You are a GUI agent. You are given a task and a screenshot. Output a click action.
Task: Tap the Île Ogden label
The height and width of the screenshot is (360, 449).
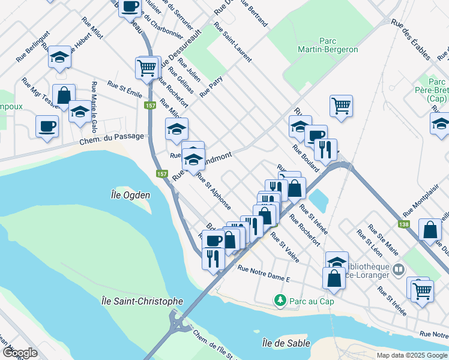click(x=130, y=194)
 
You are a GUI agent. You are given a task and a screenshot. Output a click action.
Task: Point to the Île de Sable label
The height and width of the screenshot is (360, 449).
click(x=286, y=343)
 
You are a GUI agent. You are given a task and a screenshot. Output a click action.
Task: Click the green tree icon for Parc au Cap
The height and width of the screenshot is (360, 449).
click(x=279, y=299)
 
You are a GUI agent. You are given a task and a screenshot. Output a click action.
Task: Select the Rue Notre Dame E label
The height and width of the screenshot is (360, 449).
click(x=264, y=273)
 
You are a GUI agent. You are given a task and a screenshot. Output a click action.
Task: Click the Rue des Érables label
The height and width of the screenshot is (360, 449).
click(x=410, y=40)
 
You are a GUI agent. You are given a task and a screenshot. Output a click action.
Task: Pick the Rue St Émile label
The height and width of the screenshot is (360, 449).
click(x=124, y=89)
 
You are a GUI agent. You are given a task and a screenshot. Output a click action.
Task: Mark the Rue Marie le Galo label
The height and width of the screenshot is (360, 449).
click(x=94, y=107)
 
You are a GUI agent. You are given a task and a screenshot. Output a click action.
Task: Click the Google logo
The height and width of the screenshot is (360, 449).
click(x=20, y=353)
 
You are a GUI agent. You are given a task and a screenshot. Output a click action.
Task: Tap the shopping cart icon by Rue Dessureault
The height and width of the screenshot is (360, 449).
click(x=147, y=67)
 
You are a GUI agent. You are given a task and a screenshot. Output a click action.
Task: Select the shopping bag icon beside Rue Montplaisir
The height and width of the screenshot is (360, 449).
click(x=430, y=229)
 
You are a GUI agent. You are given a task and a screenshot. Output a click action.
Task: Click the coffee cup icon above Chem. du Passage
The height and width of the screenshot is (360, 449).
click(x=47, y=125)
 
